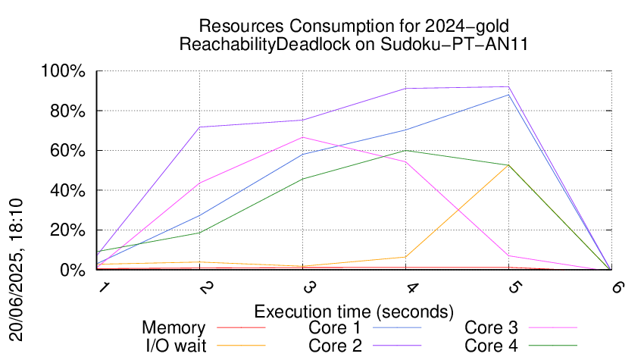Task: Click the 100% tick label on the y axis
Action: point(63,71)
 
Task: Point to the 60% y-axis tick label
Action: point(67,151)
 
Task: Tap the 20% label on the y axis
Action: point(67,230)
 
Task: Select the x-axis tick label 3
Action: point(309,287)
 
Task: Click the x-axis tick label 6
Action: point(617,286)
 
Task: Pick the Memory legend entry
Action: point(174,328)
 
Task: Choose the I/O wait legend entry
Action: point(177,346)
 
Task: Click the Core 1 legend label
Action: point(334,328)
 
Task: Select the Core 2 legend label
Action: point(335,346)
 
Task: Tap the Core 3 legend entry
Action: point(491,328)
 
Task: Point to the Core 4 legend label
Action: point(491,346)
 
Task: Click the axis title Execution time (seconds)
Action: point(354,311)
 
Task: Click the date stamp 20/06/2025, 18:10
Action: point(16,270)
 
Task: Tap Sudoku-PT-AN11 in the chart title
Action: point(455,43)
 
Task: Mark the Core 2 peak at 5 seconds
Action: point(509,86)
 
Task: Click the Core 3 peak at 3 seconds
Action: point(303,137)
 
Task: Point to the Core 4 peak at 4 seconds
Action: point(406,150)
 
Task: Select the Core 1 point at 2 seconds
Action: point(200,215)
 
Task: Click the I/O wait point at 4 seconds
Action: point(406,257)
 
